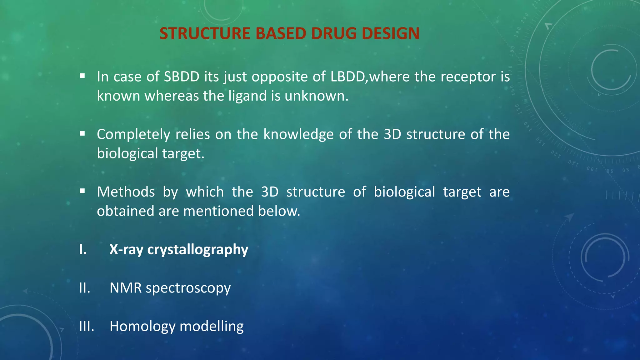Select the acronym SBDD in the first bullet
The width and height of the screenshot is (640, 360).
coord(182,77)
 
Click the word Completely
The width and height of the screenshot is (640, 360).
coord(133,135)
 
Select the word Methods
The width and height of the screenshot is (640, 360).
coord(126,192)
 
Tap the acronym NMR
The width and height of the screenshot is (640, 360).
coord(125,288)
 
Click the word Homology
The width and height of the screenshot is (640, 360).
coord(142,327)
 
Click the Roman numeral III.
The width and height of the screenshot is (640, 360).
coord(87,327)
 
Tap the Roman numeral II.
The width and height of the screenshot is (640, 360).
coord(84,288)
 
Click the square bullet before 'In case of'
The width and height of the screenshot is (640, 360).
coord(82,76)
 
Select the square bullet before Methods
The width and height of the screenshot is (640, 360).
coord(82,191)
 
